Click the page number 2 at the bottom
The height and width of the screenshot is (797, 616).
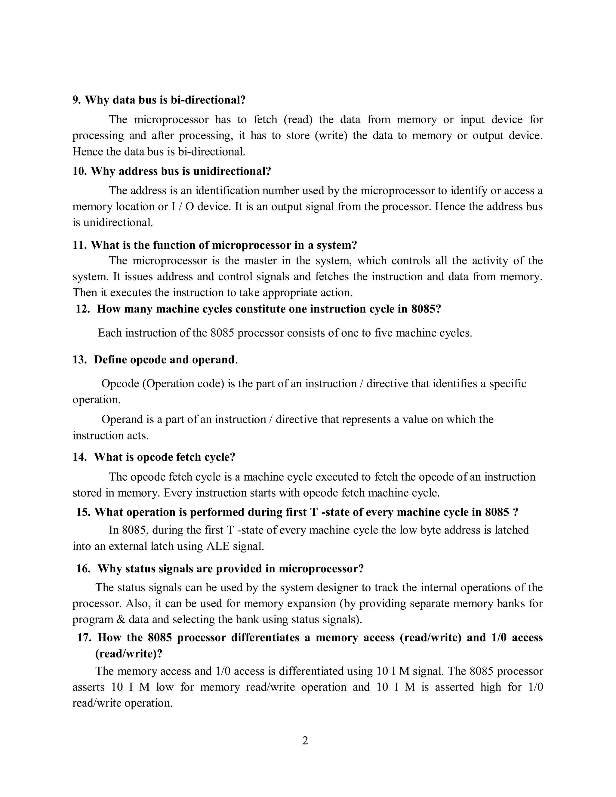305,741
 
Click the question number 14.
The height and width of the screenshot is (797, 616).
79,457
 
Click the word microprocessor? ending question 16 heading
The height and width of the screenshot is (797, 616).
321,569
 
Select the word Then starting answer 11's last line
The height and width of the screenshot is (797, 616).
85,292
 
